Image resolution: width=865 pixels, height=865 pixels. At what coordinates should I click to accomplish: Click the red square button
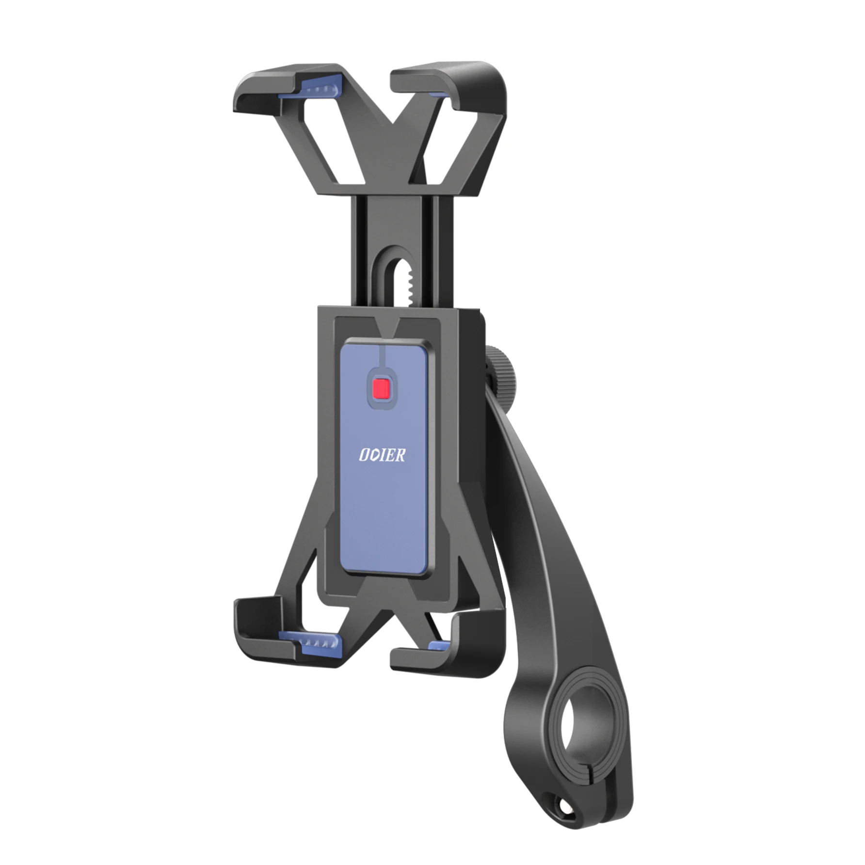point(382,387)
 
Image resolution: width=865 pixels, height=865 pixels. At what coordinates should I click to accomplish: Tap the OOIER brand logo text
point(382,455)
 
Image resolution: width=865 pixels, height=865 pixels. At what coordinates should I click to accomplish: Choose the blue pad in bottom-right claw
point(439,645)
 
